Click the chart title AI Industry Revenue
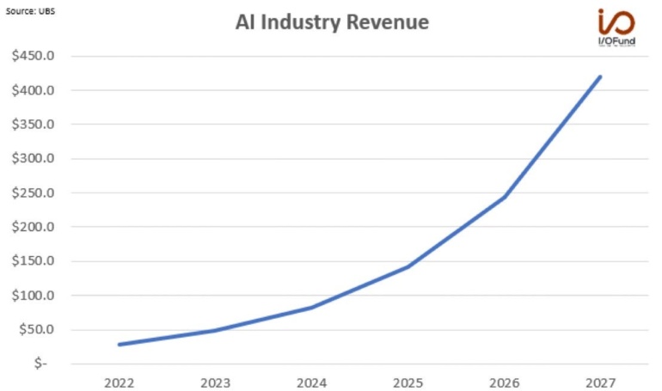tap(332, 23)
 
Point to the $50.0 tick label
tap(37, 330)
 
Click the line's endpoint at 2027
tap(600, 76)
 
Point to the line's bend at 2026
tap(504, 197)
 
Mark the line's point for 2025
tap(408, 266)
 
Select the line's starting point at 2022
tap(119, 345)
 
